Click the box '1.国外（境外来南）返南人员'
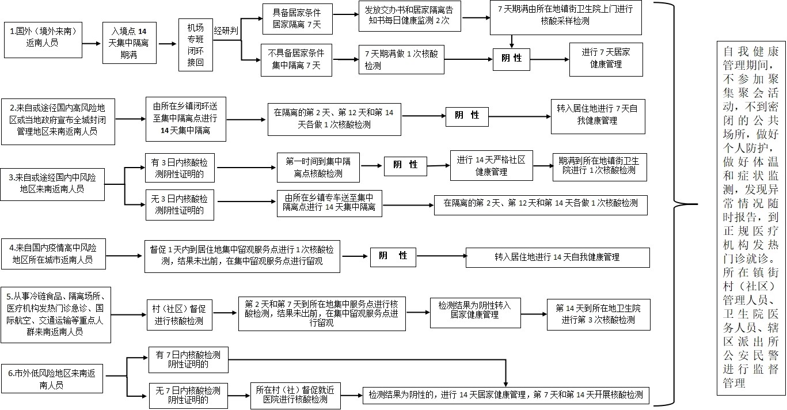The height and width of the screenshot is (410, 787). click(43, 40)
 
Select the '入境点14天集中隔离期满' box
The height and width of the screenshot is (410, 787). click(130, 43)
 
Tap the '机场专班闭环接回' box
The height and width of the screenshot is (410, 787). click(196, 45)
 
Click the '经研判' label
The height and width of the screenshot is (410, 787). click(226, 31)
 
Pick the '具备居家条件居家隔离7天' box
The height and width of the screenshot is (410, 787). click(298, 19)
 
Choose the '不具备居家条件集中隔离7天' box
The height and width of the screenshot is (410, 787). click(296, 60)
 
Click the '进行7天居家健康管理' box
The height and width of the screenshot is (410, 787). click(606, 59)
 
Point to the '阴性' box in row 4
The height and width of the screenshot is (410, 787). click(393, 256)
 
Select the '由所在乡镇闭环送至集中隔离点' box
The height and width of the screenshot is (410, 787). click(186, 119)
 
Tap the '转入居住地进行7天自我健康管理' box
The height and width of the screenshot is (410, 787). click(598, 116)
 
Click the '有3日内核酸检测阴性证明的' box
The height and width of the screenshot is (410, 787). click(180, 168)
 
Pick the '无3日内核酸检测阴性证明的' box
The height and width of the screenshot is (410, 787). click(180, 205)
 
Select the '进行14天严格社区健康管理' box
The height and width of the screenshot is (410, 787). click(492, 165)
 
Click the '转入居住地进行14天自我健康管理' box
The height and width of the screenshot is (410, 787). click(557, 257)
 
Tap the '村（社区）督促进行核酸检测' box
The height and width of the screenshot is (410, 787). click(180, 315)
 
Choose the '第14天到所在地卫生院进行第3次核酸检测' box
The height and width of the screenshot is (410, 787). click(599, 314)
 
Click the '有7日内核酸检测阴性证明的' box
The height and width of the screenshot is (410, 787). click(188, 360)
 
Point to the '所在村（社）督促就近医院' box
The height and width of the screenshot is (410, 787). click(295, 396)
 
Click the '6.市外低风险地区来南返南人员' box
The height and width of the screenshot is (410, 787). click(52, 378)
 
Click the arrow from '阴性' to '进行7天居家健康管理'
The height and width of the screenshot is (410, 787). click(549, 59)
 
